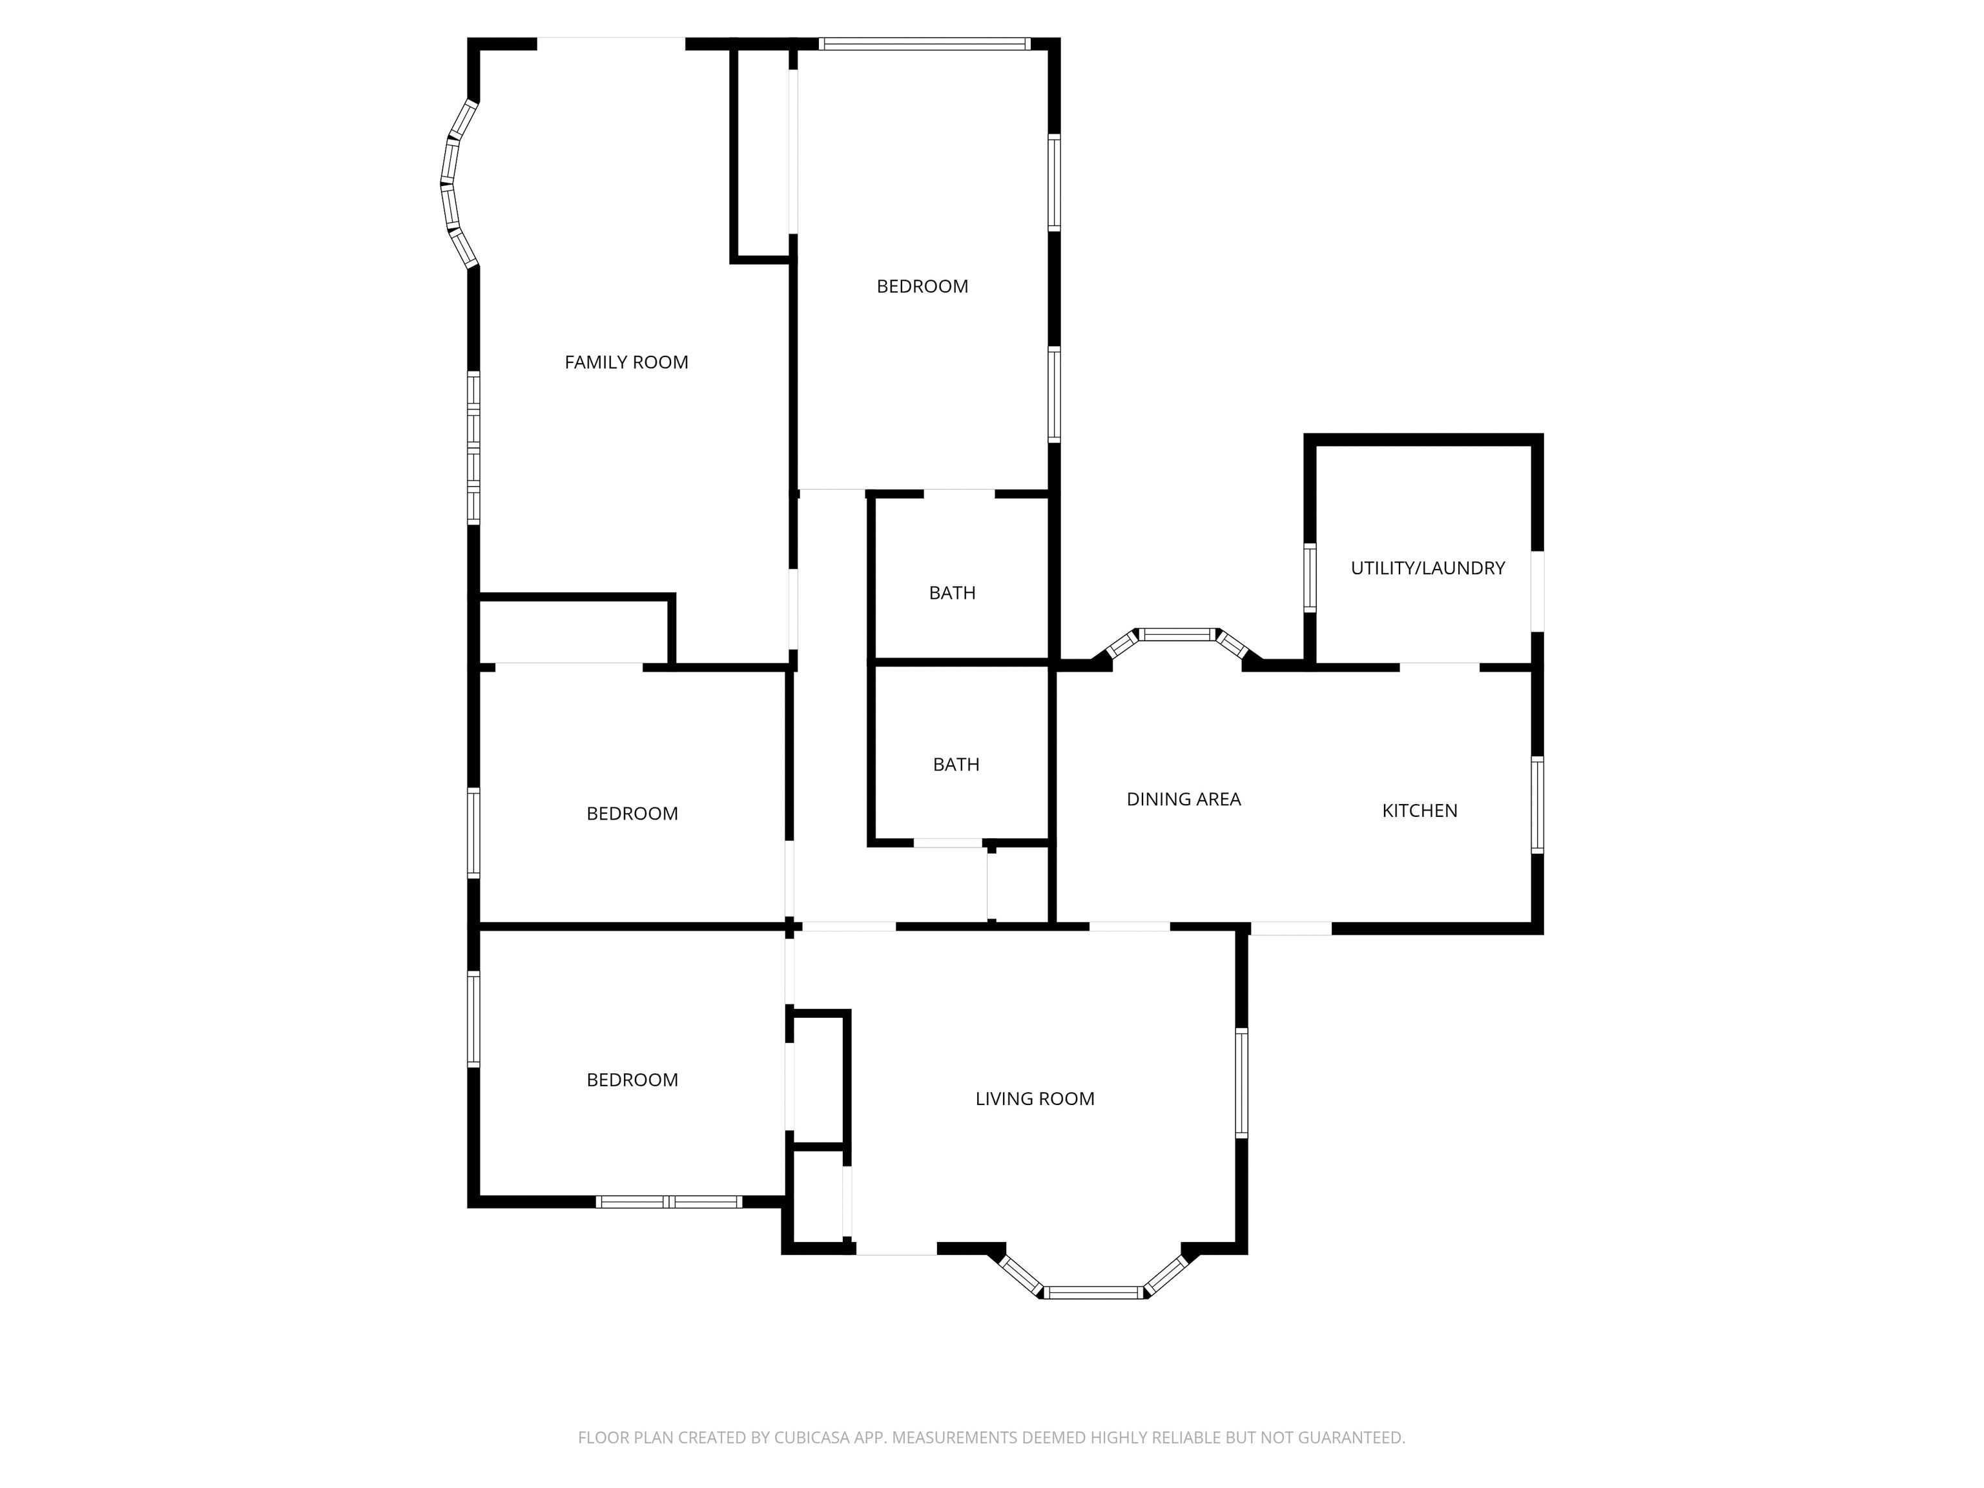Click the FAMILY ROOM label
pos(626,362)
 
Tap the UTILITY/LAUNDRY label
pos(1427,568)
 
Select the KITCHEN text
pos(1419,811)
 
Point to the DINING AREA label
pos(1183,799)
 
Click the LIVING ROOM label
pos(1034,1099)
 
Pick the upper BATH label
pos(952,593)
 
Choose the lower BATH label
pos(955,764)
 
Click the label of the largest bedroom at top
pos(922,286)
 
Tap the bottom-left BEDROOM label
pos(632,1080)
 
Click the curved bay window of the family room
pos(451,184)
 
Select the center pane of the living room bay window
pos(1093,1292)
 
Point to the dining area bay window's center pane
pos(1177,635)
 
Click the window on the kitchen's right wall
pos(1536,805)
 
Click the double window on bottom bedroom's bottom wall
pos(669,1202)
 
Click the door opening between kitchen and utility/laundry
pos(1439,667)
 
